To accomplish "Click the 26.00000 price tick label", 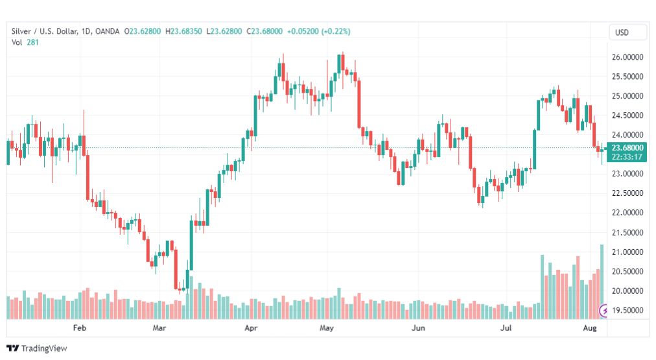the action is tap(627, 57).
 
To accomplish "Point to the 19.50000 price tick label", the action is tap(627, 310).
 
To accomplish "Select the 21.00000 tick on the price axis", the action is tap(627, 252).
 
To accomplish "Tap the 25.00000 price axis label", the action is tap(627, 96).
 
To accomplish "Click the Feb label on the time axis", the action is tap(80, 328).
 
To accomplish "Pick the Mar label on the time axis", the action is tap(159, 328).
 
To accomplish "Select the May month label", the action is tap(326, 328).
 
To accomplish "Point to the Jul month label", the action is tap(506, 328).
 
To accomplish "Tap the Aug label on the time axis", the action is tap(589, 328).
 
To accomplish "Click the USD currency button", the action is tap(622, 32).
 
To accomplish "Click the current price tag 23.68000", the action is tap(627, 148).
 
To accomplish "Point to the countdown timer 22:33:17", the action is tap(627, 157).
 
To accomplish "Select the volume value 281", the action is tap(32, 42).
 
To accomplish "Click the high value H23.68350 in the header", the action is tap(183, 31).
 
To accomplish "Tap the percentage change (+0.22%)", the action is tap(336, 31).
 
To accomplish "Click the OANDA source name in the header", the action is tap(107, 31).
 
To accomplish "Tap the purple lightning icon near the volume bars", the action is tap(603, 311).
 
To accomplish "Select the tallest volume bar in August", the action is tap(602, 282).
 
